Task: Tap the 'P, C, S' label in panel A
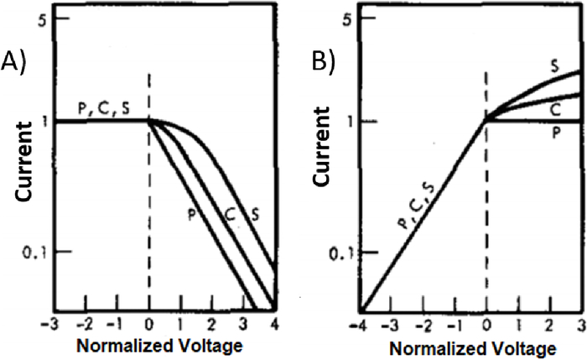click(104, 107)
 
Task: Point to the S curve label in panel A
click(255, 215)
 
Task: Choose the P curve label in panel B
click(554, 133)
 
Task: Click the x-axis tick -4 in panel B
click(361, 324)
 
